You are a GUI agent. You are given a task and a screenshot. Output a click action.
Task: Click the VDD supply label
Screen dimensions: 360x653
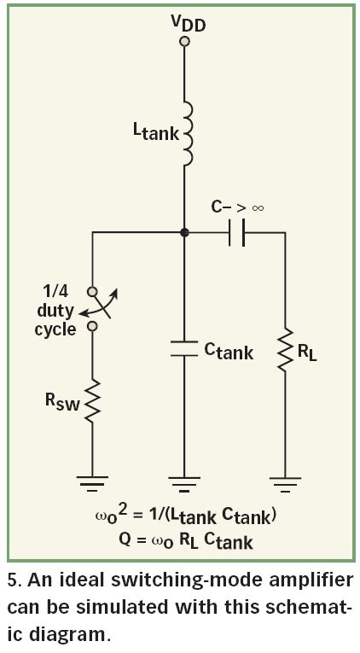pos(189,26)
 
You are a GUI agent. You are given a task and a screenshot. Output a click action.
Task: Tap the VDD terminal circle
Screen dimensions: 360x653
pos(184,41)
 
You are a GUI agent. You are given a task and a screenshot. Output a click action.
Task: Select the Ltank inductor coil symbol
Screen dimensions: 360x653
pos(189,134)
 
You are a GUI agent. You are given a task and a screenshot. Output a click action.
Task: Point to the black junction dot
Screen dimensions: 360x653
pos(184,232)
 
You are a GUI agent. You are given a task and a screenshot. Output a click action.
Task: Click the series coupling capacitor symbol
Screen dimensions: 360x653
pos(237,232)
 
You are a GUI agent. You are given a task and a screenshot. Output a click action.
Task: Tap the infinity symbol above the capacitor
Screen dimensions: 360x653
pos(258,207)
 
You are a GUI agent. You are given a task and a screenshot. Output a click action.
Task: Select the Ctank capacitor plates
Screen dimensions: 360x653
pos(184,348)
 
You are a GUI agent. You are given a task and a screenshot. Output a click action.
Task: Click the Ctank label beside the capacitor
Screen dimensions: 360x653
pos(229,352)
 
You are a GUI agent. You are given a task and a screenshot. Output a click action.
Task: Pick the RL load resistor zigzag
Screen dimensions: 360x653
pos(285,351)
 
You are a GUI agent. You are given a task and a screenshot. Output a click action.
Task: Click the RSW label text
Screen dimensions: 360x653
pos(62,401)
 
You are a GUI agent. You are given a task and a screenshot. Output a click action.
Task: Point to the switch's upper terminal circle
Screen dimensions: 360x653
pos(92,291)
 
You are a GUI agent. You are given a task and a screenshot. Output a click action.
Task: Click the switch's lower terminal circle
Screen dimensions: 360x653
pos(92,326)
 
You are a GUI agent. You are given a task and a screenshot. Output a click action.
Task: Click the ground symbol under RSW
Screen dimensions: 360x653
pos(92,483)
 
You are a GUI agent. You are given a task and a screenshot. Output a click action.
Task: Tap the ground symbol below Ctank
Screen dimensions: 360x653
pos(184,483)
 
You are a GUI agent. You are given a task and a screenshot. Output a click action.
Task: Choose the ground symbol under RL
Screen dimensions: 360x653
pos(285,483)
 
